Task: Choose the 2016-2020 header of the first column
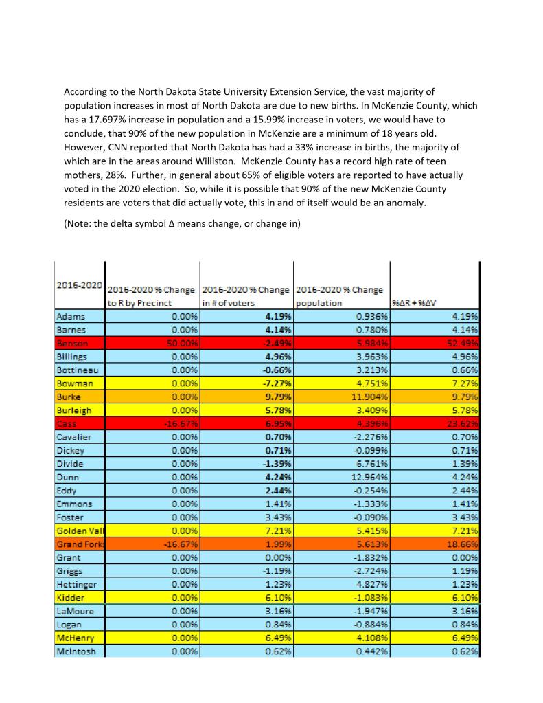[79, 284]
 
